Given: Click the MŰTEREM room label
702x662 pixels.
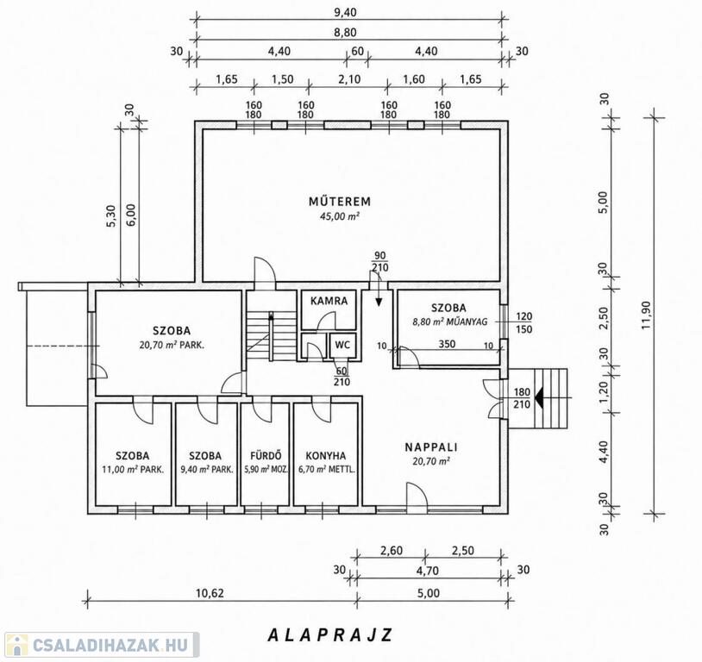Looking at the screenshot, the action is point(340,202).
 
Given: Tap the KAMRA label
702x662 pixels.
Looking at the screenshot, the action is point(329,300).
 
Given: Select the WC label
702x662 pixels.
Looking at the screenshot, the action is point(342,345).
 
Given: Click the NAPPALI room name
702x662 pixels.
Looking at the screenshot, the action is point(431,447).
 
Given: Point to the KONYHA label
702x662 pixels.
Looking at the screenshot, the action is point(326,456).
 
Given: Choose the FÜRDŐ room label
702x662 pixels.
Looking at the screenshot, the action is point(266,455).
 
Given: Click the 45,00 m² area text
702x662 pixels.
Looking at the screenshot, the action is point(340,216).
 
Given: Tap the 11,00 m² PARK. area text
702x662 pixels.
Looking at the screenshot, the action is point(133,470).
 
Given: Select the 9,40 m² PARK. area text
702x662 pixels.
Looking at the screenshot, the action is point(207,470).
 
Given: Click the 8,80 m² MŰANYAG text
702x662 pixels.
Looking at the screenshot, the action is point(449,321).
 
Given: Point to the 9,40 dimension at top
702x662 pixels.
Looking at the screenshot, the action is point(346,12).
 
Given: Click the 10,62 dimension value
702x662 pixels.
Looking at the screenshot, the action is point(210,593).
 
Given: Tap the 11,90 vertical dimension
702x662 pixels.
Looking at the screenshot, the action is point(646,315).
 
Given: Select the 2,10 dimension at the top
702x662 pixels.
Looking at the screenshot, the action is point(349,79).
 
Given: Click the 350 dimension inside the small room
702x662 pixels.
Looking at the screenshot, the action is point(447,344).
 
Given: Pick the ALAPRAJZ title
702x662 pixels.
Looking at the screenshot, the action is point(330,634).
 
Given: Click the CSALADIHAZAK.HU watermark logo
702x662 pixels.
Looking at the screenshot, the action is point(100,645).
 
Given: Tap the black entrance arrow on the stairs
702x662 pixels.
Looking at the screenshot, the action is point(540,398).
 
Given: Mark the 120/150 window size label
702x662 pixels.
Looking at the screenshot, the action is point(523,322).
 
